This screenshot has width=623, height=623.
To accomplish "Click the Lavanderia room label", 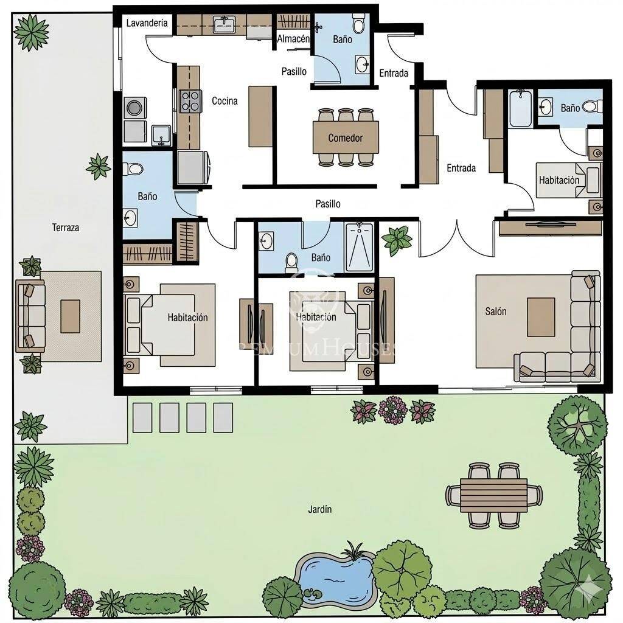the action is click(x=147, y=23).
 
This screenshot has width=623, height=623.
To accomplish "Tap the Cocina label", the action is click(x=224, y=101).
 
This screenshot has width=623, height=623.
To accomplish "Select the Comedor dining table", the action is click(x=346, y=137).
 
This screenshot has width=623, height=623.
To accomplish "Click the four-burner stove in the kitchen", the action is click(x=190, y=101).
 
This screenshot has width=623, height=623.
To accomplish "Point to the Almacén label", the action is click(x=293, y=39).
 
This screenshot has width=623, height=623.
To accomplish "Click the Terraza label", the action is click(x=66, y=228).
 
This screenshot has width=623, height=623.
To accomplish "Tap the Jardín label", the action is click(x=320, y=509).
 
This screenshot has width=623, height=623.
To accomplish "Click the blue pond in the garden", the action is click(x=336, y=576).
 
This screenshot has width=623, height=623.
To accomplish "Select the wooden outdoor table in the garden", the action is click(x=494, y=495).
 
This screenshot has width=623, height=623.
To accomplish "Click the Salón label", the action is click(x=495, y=311).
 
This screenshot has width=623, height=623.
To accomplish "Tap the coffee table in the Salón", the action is click(x=541, y=317).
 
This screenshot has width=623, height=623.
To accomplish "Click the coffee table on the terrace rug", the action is click(x=71, y=316).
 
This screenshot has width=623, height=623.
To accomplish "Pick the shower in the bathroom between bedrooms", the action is click(x=359, y=247).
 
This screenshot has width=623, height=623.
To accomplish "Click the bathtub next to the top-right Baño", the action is click(x=521, y=108).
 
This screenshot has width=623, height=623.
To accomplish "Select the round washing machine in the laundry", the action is click(x=134, y=108).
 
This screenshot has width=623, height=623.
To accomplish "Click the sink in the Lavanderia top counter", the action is click(x=224, y=24).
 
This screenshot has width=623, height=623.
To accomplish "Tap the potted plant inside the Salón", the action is click(x=397, y=240).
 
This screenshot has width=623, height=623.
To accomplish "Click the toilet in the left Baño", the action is click(x=133, y=169).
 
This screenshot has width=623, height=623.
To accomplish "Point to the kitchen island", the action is click(x=261, y=117).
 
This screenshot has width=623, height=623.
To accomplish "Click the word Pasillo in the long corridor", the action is click(x=328, y=204).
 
